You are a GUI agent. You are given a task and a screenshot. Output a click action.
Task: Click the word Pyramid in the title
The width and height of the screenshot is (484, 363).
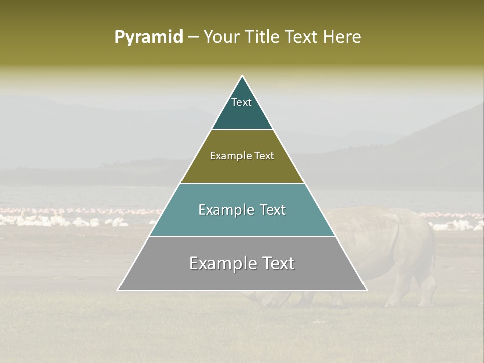coord(149,37)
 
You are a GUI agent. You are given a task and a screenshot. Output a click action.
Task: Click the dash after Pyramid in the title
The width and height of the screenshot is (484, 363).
coord(193,37)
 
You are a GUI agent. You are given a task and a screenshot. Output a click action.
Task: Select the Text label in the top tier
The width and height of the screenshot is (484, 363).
coord(241,102)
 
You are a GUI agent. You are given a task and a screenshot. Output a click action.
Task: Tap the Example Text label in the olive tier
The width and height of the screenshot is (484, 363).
coord(242,156)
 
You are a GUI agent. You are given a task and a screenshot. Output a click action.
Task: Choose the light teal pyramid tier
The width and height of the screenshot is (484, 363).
coord(242,224)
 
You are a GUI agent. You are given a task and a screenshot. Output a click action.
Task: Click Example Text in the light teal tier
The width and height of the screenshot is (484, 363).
coord(242,210)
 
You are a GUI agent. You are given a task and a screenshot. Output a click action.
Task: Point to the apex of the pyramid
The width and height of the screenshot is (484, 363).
coord(243,77)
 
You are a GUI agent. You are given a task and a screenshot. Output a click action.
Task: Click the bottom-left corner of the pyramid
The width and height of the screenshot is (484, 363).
coord(118,290)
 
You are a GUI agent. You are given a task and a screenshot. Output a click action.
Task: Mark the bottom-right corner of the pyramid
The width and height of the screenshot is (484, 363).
coord(366,290)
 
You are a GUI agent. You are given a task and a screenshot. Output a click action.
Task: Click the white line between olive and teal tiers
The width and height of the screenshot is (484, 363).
coord(242,183)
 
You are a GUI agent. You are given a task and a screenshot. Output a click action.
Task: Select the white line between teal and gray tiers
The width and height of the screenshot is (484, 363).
coord(242,236)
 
